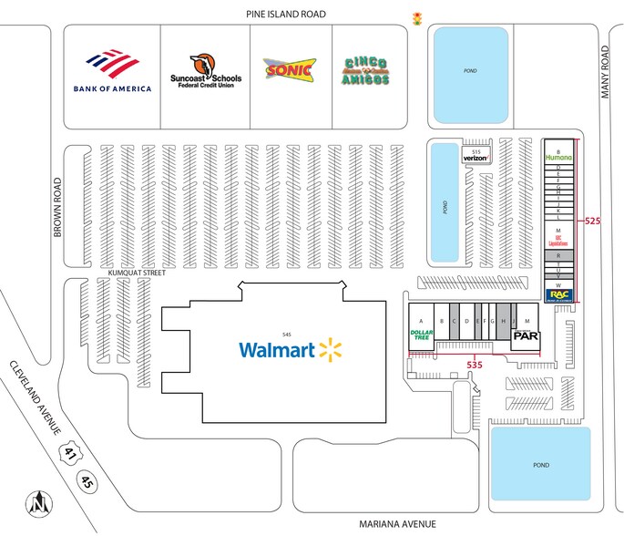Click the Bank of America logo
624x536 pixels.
pos(111,74)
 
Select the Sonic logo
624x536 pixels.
pos(290,69)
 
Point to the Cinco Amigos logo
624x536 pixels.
pos(365,70)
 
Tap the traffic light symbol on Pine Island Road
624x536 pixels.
pos(418,17)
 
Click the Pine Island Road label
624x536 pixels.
pos(286,14)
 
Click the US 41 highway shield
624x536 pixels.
pos(68,453)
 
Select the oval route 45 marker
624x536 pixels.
pos(87,479)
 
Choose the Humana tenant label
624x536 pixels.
pos(558,157)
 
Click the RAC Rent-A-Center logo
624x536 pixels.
pos(558,295)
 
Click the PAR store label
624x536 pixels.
pos(527,335)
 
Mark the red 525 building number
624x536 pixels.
pos(593,221)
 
